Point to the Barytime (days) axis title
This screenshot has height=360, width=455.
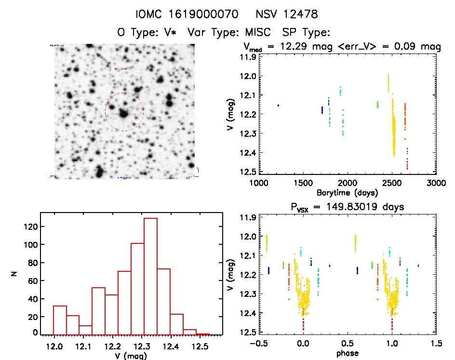pos(347,192)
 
